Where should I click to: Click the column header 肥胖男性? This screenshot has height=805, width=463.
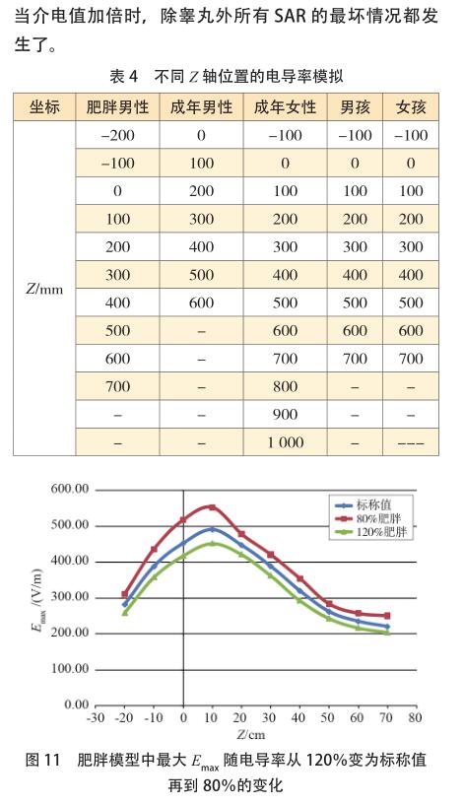click(117, 107)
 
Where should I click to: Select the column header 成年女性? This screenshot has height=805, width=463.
click(285, 107)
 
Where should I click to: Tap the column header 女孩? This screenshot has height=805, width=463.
click(411, 107)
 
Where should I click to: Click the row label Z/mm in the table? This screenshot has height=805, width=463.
click(44, 289)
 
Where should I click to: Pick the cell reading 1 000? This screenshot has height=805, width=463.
click(286, 442)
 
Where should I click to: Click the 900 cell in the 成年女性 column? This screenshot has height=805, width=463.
click(286, 414)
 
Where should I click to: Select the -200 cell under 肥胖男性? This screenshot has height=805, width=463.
click(117, 136)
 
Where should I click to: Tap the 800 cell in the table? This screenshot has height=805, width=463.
click(286, 386)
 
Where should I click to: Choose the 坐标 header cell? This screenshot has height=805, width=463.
click(44, 107)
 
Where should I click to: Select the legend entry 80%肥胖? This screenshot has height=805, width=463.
click(379, 518)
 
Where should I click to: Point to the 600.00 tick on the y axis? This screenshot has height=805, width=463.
click(70, 489)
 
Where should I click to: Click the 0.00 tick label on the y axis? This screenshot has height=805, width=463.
click(77, 704)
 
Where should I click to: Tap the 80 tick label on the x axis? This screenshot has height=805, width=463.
click(416, 717)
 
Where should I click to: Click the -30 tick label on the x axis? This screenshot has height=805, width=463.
click(96, 717)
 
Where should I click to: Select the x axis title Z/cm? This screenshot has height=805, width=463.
click(251, 734)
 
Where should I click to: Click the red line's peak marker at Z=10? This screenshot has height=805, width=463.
click(213, 507)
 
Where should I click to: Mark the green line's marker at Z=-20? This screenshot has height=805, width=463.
click(125, 613)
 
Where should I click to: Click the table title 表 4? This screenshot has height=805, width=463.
click(124, 77)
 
